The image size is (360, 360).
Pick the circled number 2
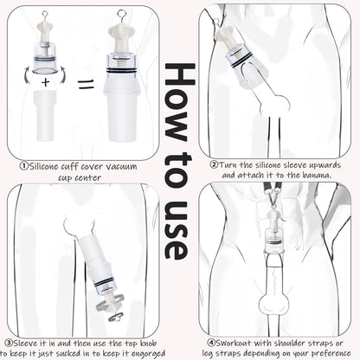click(x=214, y=164)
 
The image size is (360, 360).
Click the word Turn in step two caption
click(x=229, y=164)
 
